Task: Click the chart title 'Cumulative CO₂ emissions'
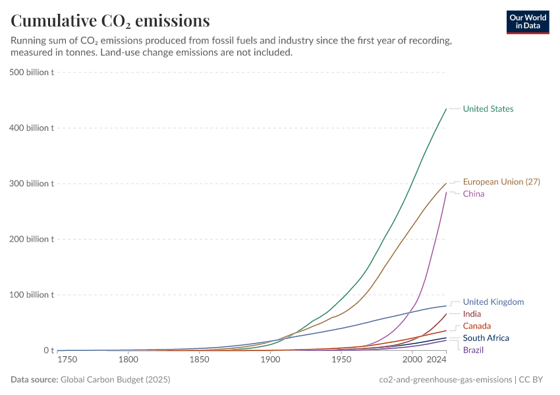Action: [110, 21]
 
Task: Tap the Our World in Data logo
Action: [528, 22]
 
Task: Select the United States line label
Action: [488, 109]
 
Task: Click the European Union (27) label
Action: [501, 182]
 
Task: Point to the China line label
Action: [474, 194]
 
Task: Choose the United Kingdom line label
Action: [493, 302]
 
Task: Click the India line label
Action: [472, 314]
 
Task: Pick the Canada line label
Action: [476, 326]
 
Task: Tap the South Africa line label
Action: [486, 338]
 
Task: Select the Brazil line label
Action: [473, 350]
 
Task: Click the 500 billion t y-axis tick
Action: [32, 72]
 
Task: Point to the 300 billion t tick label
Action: [32, 183]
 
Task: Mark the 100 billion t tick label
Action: [32, 294]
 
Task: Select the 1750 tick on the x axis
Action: [67, 360]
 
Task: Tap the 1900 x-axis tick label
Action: [269, 360]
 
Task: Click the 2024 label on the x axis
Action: [436, 360]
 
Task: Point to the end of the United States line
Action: [446, 109]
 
